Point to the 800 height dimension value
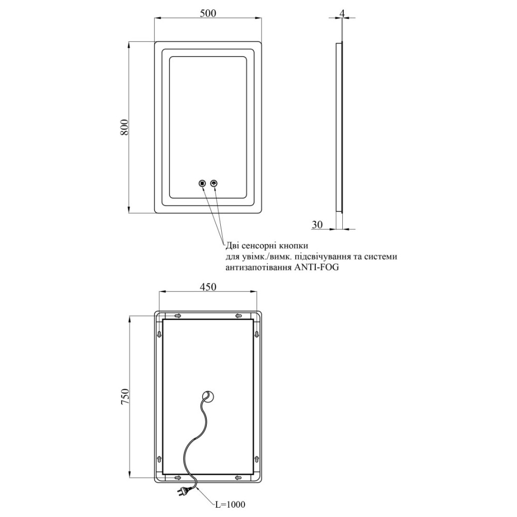124,127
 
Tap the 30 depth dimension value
317,224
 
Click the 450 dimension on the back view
208,287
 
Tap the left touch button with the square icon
202,183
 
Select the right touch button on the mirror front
215,183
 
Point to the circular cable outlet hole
208,396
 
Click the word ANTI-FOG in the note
316,267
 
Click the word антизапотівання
258,268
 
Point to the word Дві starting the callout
233,246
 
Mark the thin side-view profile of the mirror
339,127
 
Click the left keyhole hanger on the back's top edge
178,316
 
